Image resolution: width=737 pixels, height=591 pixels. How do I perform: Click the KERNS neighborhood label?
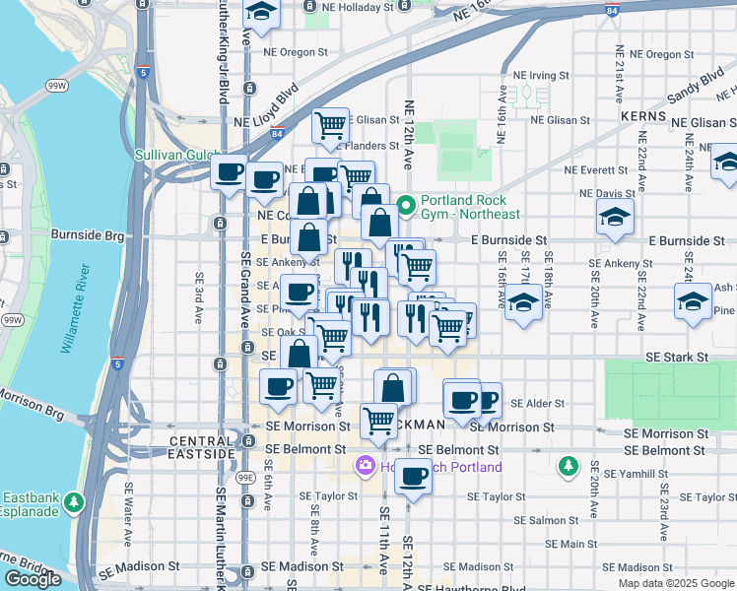click(644, 116)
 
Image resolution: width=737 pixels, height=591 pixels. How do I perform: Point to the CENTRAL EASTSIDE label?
click(202, 447)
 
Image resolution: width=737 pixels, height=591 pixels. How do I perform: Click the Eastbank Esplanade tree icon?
click(74, 504)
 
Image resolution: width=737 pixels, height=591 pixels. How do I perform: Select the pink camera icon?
click(366, 466)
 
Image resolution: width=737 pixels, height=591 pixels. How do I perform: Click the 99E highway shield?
click(245, 478)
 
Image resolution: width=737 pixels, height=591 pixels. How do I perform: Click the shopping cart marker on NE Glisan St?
click(330, 125)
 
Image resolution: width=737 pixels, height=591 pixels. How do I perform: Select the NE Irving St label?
click(541, 75)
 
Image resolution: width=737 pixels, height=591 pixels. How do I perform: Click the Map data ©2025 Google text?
click(675, 583)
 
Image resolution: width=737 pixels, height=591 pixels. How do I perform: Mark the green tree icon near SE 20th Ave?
click(569, 465)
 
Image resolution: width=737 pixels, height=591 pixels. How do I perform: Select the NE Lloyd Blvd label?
click(266, 121)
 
